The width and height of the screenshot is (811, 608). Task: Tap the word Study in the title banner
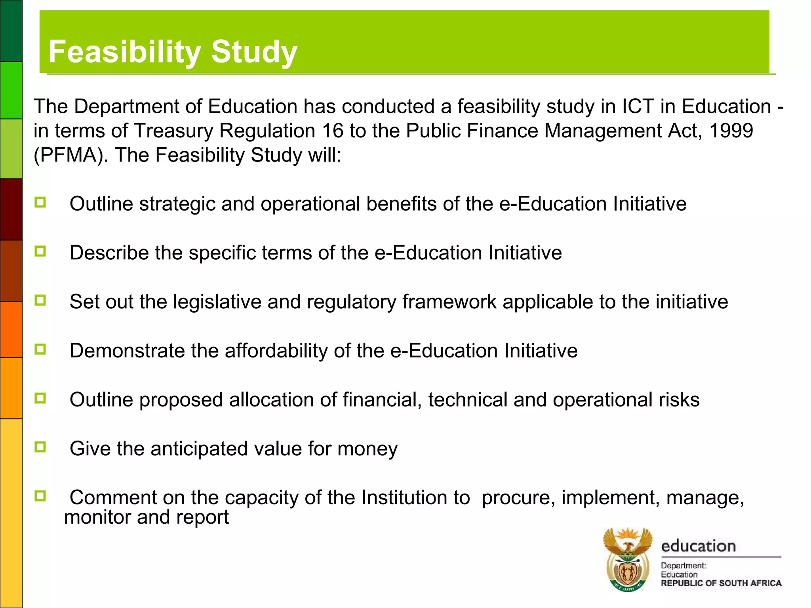[x=254, y=52]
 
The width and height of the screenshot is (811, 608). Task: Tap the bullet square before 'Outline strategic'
[x=40, y=203]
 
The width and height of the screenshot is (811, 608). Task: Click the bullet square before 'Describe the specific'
[x=40, y=251]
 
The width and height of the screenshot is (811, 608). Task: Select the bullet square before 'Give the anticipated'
[x=40, y=447]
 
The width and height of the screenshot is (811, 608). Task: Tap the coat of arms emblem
[x=627, y=559]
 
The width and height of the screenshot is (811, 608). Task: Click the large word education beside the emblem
[x=698, y=546]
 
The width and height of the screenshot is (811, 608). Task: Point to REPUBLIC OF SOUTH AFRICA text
[x=721, y=583]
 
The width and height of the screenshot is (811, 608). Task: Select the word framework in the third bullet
[x=449, y=302]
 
